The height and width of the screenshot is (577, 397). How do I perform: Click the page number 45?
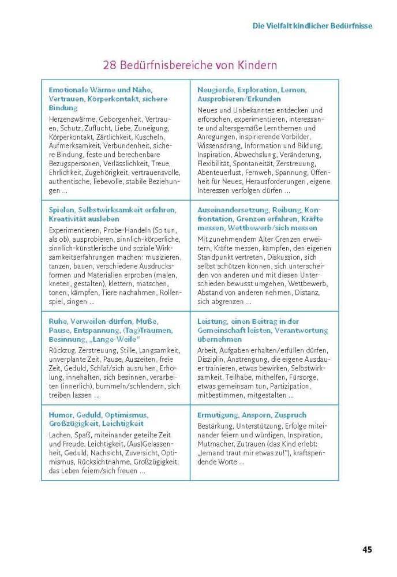(367, 549)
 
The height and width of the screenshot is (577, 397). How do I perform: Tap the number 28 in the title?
(110, 65)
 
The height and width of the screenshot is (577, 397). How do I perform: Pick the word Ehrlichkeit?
(68, 173)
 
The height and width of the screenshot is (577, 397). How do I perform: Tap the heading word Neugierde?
(217, 90)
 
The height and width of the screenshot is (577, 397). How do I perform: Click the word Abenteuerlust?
(222, 173)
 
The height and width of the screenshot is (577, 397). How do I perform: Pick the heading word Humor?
(61, 414)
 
